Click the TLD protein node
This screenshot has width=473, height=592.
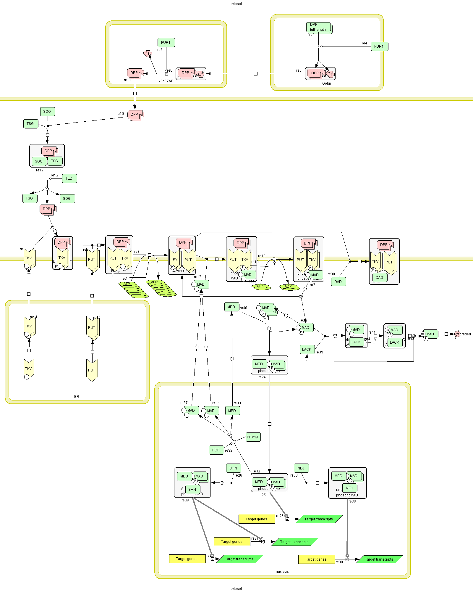pyautogui.click(x=69, y=178)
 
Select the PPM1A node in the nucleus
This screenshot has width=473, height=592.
pyautogui.click(x=253, y=437)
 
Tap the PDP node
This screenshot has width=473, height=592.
pyautogui.click(x=216, y=450)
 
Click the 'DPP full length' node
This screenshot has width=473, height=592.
pyautogui.click(x=319, y=27)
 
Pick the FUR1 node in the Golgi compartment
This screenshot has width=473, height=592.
pyautogui.click(x=379, y=46)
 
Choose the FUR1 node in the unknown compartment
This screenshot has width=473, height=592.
pyautogui.click(x=166, y=43)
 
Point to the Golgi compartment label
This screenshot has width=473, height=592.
pyautogui.click(x=326, y=83)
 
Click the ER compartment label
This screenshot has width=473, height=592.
pyautogui.click(x=77, y=397)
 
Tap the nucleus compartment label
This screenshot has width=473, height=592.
pyautogui.click(x=282, y=572)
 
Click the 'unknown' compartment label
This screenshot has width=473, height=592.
pyautogui.click(x=166, y=81)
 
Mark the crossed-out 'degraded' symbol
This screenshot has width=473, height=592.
pyautogui.click(x=457, y=334)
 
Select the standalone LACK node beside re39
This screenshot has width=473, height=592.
pyautogui.click(x=307, y=350)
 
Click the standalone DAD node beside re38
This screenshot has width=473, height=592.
pyautogui.click(x=338, y=282)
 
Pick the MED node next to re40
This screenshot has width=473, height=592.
pyautogui.click(x=231, y=307)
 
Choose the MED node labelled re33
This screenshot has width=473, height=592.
pyautogui.click(x=232, y=411)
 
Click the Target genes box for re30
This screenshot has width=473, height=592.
pyautogui.click(x=316, y=559)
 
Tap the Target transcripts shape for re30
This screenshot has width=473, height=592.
pyautogui.click(x=379, y=559)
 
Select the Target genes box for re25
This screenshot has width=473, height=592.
pyautogui.click(x=256, y=519)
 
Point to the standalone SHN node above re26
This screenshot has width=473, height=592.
pyautogui.click(x=234, y=468)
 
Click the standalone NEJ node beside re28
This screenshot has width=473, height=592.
pyautogui.click(x=301, y=468)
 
